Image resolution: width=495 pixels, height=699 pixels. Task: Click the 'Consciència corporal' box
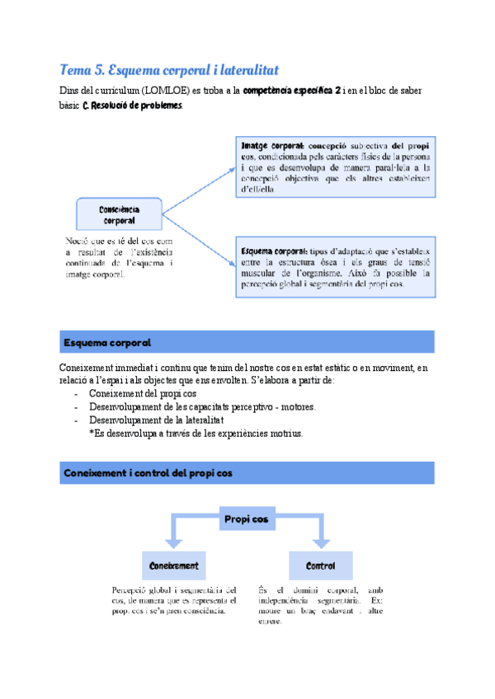(x=119, y=214)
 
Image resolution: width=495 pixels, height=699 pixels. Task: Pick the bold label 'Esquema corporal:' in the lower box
(x=274, y=251)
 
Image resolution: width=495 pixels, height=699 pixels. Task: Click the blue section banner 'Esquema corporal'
(x=247, y=341)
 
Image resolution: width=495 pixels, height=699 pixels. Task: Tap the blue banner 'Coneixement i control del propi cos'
(x=247, y=472)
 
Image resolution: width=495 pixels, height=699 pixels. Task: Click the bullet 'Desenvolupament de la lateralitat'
(x=149, y=420)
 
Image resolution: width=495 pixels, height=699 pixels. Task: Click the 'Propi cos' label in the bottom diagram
(x=247, y=520)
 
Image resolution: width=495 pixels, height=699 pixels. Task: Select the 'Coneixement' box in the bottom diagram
(x=173, y=566)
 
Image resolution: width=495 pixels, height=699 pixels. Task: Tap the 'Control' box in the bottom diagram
(x=320, y=566)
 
